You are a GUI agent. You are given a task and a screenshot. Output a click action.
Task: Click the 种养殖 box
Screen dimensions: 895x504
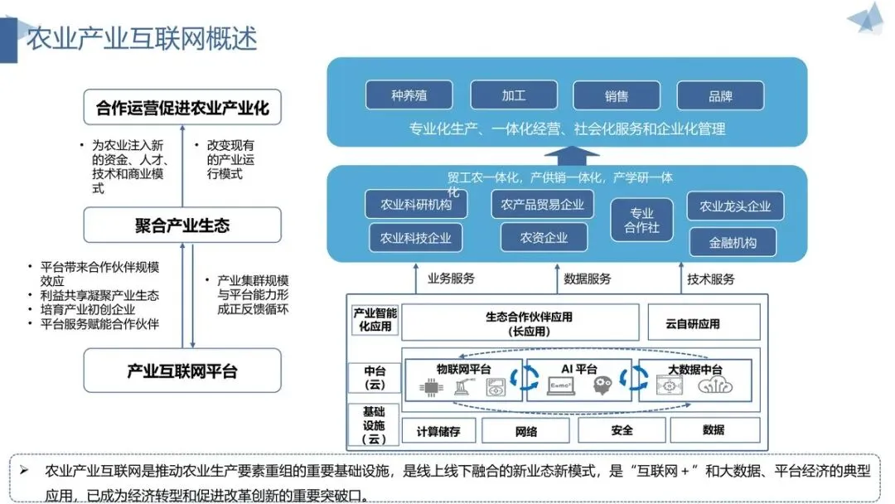point(409,94)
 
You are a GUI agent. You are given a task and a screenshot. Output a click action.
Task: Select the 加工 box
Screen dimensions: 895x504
point(514,94)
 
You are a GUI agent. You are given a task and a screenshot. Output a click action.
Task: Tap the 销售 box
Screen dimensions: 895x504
point(617,95)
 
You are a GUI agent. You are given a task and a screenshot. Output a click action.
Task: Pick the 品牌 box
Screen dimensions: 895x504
point(720,95)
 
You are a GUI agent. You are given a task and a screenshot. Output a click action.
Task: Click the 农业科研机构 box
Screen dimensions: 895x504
point(416,204)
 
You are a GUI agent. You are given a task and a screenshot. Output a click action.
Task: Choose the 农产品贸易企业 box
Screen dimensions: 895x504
point(542,204)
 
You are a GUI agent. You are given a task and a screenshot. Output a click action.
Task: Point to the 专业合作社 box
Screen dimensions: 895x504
point(641,220)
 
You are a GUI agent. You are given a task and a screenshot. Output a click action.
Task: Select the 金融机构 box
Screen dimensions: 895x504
point(733,242)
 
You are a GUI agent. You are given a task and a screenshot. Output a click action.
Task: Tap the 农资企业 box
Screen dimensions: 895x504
point(544,237)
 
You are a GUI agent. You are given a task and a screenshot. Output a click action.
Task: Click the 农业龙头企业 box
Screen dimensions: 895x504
point(735,206)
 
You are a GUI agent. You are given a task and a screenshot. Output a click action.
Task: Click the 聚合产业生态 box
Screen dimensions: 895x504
point(182,225)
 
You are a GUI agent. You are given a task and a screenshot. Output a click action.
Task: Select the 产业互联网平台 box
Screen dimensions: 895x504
point(182,371)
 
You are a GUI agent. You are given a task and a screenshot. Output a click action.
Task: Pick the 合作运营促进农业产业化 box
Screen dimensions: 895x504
point(182,107)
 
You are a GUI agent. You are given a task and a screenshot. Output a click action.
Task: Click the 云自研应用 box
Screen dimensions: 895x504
point(704,322)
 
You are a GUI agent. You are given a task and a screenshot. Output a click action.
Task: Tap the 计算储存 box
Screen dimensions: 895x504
point(438,431)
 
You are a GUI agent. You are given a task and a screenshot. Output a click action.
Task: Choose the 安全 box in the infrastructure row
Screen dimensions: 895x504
point(622,430)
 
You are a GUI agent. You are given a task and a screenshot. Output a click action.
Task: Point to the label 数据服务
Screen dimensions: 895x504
point(588,279)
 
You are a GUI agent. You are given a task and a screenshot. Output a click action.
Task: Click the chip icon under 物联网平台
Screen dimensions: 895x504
point(431,388)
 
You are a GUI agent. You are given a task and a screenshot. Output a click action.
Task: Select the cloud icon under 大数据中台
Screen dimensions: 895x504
point(714,386)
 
